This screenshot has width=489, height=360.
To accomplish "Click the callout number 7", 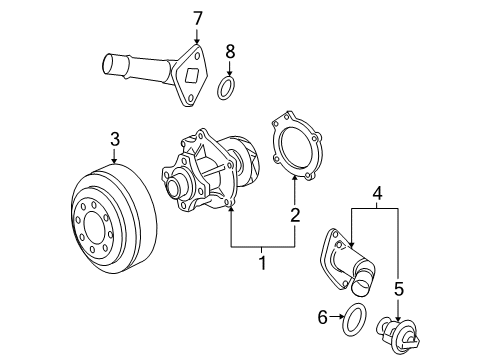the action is click(x=198, y=18).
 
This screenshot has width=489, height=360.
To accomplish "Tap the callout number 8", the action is click(x=230, y=52).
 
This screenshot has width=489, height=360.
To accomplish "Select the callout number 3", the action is click(x=115, y=139).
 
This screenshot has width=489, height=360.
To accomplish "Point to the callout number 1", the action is click(x=263, y=263).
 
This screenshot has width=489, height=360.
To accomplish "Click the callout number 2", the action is click(x=295, y=215).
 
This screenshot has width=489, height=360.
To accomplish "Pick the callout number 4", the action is click(x=377, y=193).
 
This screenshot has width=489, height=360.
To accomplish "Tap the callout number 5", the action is click(x=399, y=289).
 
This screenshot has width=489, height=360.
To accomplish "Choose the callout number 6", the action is click(x=322, y=317).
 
